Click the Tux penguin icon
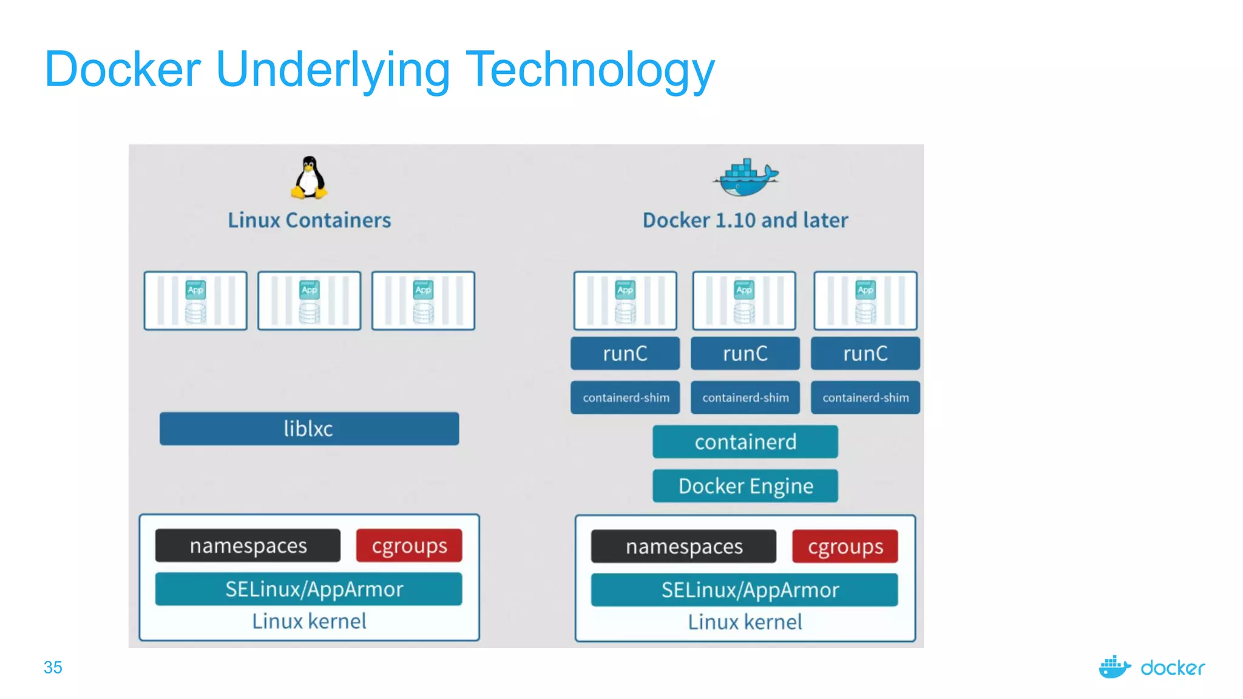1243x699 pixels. (310, 178)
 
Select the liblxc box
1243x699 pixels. (309, 429)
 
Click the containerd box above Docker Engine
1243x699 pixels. (745, 442)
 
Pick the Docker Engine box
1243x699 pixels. (745, 486)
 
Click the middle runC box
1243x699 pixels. (745, 354)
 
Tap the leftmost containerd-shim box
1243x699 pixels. (625, 398)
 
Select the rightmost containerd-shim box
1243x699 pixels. (865, 398)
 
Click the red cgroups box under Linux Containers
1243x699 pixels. (409, 545)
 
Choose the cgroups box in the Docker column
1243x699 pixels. (845, 547)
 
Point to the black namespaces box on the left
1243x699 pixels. (248, 545)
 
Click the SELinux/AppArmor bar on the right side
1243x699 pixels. (745, 590)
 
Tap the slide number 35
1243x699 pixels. (53, 667)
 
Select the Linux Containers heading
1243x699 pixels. (309, 220)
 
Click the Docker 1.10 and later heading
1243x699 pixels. (745, 220)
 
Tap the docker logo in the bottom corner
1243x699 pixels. (1152, 667)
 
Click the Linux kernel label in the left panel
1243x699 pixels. (309, 621)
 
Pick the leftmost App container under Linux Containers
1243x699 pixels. (195, 301)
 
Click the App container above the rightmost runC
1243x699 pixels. (865, 301)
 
